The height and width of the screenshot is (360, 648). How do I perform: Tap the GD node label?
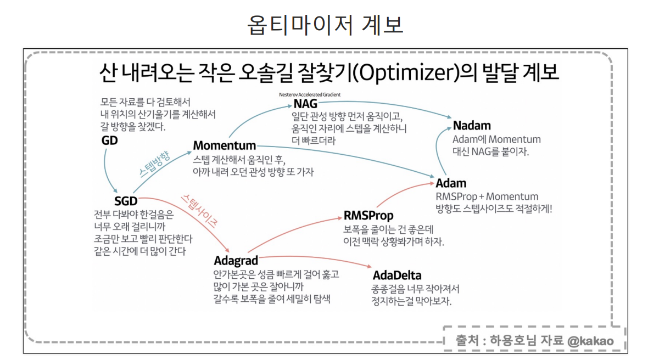click(x=109, y=141)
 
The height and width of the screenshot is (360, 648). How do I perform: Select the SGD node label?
click(x=126, y=201)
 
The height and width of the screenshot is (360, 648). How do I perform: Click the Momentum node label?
click(x=225, y=146)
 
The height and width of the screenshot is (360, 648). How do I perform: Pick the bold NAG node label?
click(x=305, y=104)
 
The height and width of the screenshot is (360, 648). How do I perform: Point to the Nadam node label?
click(x=472, y=126)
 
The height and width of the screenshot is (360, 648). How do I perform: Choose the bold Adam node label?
click(x=451, y=183)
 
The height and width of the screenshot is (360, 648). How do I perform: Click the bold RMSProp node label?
click(x=368, y=215)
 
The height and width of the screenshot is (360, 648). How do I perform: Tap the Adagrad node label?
click(x=236, y=260)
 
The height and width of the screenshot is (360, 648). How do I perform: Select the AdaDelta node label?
click(x=397, y=275)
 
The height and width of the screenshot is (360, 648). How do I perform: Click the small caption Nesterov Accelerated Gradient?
click(x=310, y=94)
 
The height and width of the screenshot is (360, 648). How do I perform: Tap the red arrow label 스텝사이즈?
click(x=201, y=210)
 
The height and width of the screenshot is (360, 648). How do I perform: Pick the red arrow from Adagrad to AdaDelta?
click(x=316, y=261)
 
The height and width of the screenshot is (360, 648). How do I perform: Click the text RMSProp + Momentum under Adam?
click(x=487, y=196)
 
